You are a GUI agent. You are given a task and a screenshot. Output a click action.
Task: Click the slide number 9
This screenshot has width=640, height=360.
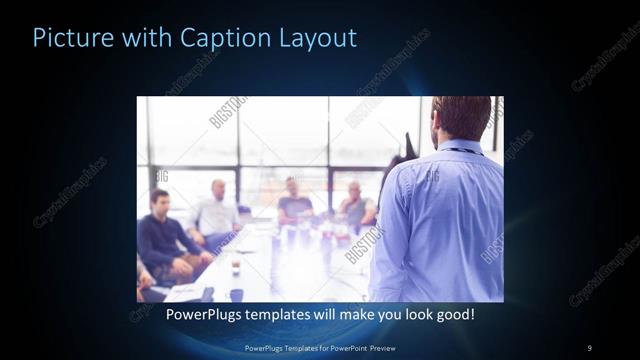point(590,347)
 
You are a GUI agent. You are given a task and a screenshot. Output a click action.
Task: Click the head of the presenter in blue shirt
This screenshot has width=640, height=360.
point(462,117)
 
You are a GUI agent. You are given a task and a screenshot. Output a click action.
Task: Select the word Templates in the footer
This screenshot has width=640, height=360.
point(294,347)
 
